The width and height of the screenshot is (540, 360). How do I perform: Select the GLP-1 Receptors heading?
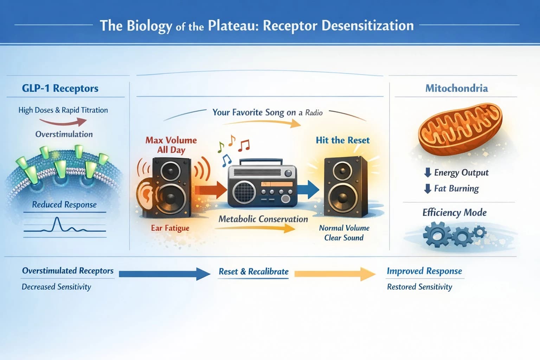[60, 88]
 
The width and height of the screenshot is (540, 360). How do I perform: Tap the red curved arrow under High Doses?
[63, 122]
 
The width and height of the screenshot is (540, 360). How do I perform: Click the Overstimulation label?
[64, 134]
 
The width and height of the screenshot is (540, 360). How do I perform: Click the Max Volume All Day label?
[171, 145]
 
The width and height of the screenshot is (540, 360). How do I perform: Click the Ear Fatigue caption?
[170, 228]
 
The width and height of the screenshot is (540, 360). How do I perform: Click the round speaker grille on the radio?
[244, 192]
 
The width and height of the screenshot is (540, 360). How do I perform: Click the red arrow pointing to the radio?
[211, 190]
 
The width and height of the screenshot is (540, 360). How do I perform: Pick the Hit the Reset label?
[342, 140]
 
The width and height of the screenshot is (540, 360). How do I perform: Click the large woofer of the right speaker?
[342, 197]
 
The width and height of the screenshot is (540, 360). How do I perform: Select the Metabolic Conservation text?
[263, 219]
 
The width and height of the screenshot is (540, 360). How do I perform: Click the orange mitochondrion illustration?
[459, 129]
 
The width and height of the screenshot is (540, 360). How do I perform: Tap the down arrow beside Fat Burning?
[427, 189]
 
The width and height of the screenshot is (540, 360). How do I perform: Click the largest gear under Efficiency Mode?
[436, 234]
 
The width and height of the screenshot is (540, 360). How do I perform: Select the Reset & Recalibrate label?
[253, 272]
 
